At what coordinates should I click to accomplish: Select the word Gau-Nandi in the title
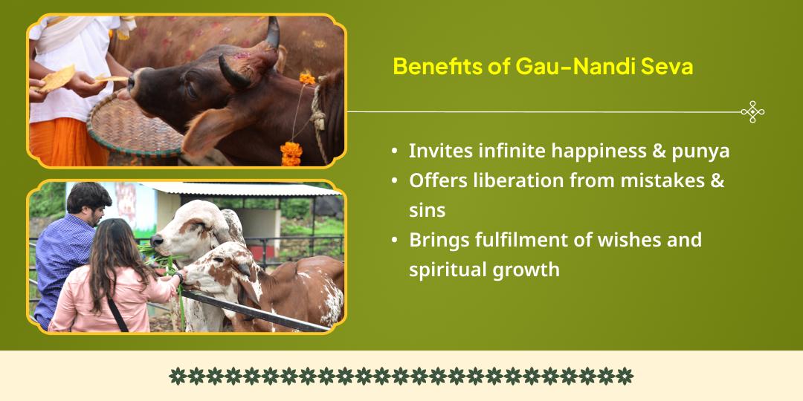click(568, 67)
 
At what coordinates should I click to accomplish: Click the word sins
click(427, 211)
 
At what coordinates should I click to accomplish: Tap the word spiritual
click(447, 270)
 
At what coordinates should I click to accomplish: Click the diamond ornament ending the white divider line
click(752, 111)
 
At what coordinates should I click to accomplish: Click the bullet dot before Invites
click(394, 152)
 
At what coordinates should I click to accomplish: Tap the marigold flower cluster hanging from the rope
click(291, 154)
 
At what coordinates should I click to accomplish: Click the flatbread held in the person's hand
click(57, 78)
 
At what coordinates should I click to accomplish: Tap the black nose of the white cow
click(156, 240)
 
